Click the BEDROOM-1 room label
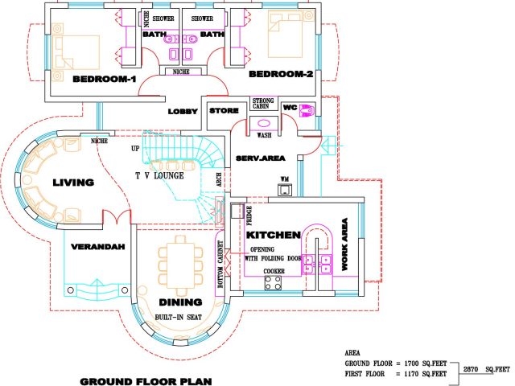click(x=105, y=79)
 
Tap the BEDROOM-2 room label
click(x=281, y=74)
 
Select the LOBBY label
click(x=183, y=112)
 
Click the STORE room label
click(x=224, y=111)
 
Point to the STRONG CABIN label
click(x=263, y=104)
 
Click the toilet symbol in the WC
click(x=307, y=111)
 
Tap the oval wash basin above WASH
click(x=264, y=124)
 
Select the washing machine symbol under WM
click(x=284, y=190)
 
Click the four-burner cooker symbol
click(x=273, y=283)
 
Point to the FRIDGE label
click(x=249, y=216)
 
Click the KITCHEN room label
click(x=274, y=235)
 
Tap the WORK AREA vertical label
click(x=344, y=244)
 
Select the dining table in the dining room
click(x=180, y=265)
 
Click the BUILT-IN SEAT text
click(x=179, y=318)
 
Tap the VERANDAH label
click(x=98, y=247)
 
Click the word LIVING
click(x=73, y=183)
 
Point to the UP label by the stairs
click(x=135, y=149)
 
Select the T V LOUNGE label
click(x=159, y=175)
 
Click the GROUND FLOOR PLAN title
click(x=146, y=381)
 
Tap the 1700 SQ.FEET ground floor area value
click(x=426, y=363)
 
